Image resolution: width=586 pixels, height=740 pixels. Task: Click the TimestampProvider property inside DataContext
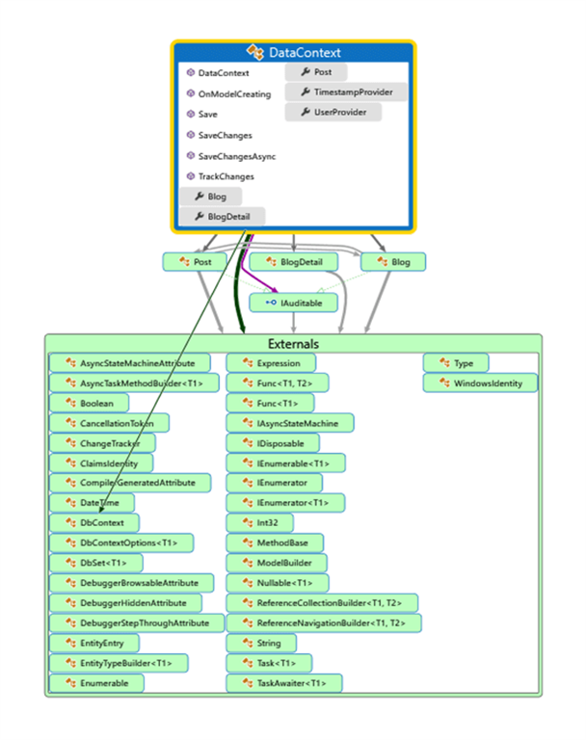346,92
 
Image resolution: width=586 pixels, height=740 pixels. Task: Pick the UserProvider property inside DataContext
333,113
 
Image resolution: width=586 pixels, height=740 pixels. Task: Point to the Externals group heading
293,344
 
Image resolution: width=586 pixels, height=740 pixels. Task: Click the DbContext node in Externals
96,521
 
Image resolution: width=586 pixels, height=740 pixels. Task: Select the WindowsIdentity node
480,383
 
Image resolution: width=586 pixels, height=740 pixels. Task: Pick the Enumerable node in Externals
98,682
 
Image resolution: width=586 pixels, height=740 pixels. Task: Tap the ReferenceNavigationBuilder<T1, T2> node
323,622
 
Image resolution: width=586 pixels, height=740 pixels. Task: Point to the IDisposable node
272,442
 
